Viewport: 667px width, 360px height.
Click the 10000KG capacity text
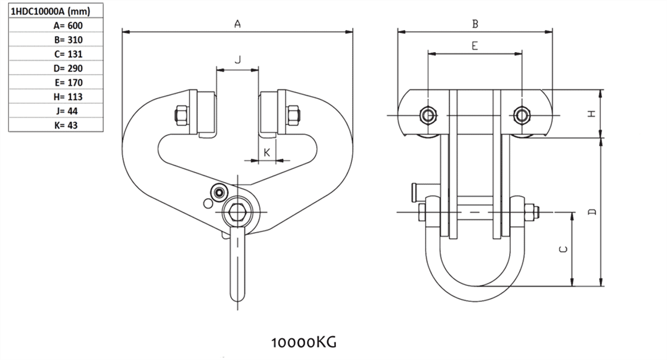click(303, 341)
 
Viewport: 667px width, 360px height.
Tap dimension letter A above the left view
click(237, 24)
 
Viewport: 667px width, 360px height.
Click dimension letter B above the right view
click(475, 24)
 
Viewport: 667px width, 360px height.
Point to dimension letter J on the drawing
click(237, 60)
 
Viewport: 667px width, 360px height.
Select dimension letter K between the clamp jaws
click(267, 152)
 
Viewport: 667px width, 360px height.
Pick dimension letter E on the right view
click(475, 46)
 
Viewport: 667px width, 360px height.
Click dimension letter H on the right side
click(592, 113)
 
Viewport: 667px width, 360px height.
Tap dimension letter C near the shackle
click(563, 249)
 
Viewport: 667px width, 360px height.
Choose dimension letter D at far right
click(593, 212)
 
